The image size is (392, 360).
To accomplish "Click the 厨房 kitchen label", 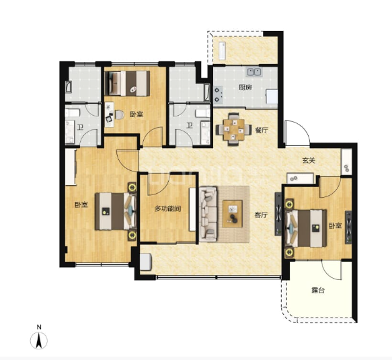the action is tap(245, 87).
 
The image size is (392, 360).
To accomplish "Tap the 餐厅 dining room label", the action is tap(262, 130).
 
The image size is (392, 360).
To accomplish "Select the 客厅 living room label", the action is tap(261, 215).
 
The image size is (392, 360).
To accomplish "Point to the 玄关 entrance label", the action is tap(309, 160).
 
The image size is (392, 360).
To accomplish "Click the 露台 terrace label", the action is tap(318, 290).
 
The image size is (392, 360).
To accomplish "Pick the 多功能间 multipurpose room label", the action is tap(167, 209).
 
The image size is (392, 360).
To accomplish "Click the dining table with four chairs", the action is tap(234, 129).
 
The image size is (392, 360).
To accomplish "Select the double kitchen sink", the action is tap(254, 72).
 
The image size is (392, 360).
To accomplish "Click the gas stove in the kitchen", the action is tap(217, 95).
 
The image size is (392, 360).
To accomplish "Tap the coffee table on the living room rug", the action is tap(233, 214).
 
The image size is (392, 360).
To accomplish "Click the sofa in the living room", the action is tap(208, 214).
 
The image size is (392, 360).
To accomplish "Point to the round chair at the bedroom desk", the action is tap(120, 114).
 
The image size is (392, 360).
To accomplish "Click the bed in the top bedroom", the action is tap(128, 83).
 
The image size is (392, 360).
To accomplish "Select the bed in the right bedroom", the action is tap(306, 228).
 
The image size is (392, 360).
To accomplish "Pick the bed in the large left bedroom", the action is tap(116, 211).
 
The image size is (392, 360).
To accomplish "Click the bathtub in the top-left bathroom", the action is tap(69, 87).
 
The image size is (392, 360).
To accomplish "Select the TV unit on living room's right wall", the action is tap(278, 214).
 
